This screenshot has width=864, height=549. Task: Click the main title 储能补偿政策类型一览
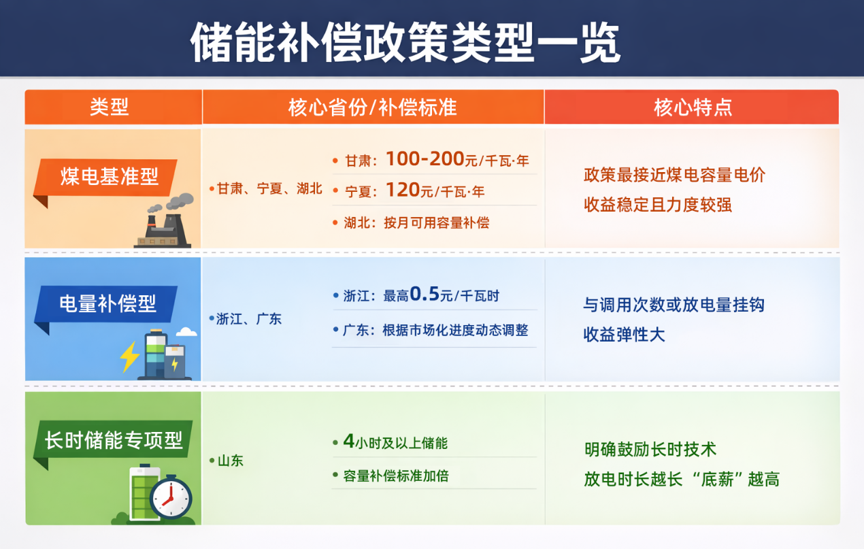tap(405, 43)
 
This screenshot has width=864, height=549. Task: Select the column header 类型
tap(110, 107)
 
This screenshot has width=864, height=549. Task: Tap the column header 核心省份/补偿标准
tap(372, 107)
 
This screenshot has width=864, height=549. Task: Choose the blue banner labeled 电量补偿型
tap(108, 303)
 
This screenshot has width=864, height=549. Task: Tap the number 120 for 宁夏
tap(403, 190)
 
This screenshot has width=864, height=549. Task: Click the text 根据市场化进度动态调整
tap(455, 330)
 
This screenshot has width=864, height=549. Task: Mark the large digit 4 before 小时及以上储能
tap(349, 442)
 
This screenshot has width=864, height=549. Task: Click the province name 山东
tap(231, 461)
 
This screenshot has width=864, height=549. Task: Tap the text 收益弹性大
tap(624, 335)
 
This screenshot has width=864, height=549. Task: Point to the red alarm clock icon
tap(170, 499)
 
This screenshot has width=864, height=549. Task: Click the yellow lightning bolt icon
tap(129, 356)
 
